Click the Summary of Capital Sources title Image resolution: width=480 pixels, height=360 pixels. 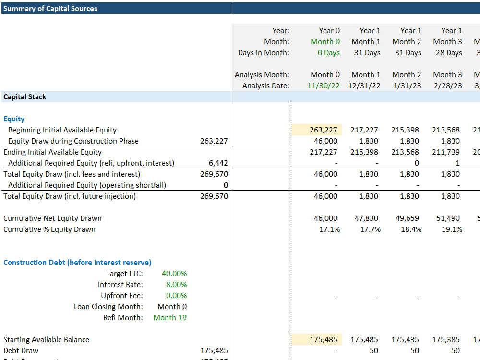tap(50, 9)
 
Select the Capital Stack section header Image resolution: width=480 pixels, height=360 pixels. tap(25, 97)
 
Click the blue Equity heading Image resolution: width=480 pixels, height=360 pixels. tap(14, 119)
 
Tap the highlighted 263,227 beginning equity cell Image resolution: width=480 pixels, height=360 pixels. tap(324, 130)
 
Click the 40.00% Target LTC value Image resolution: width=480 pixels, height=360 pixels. tap(174, 274)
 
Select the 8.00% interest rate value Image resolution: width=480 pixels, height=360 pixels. tap(176, 285)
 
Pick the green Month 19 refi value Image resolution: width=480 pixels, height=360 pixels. tap(170, 318)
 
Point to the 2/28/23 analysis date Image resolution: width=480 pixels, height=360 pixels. tap(447, 86)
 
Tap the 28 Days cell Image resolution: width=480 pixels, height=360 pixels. tap(447, 53)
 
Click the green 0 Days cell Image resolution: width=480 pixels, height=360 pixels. tap(328, 53)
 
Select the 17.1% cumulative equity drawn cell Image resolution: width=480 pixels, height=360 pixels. tap(329, 229)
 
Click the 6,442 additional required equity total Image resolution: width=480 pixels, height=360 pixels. tap(218, 163)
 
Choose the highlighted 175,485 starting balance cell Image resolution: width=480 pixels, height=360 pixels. tap(324, 340)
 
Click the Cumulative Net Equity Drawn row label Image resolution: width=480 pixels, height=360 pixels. tap(52, 218)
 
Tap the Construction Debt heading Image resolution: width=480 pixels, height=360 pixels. tap(77, 263)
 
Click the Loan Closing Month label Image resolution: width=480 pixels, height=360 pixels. tap(108, 307)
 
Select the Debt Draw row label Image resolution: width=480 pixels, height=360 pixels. tap(21, 351)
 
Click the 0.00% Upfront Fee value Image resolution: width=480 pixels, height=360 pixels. tap(176, 296)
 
